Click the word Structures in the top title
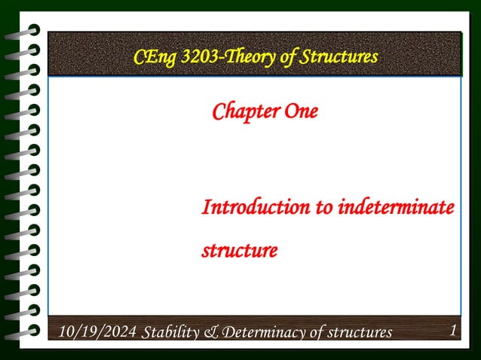(x=339, y=56)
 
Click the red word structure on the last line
(x=239, y=249)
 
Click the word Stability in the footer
(x=168, y=332)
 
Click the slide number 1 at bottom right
(x=452, y=330)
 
